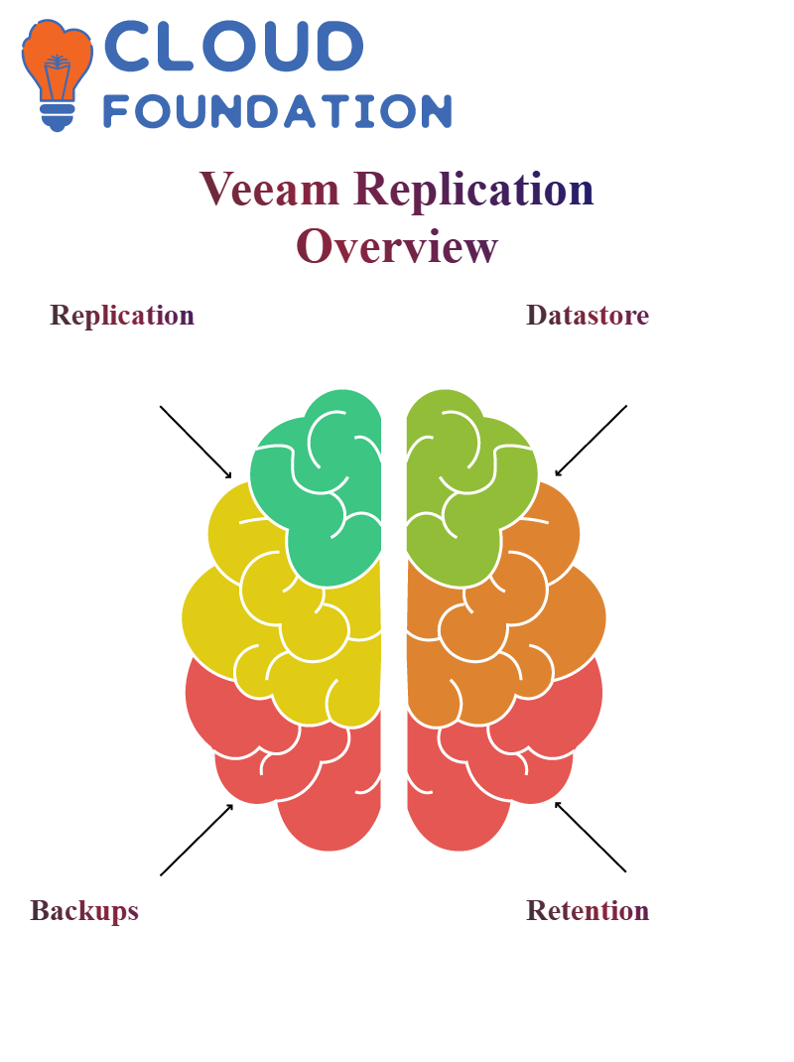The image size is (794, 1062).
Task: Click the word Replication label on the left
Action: pos(122,316)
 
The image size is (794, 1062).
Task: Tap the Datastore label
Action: pos(588,315)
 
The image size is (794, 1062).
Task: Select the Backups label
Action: pos(84,911)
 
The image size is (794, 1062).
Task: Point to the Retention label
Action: pos(588,910)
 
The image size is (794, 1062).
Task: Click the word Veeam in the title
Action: pos(269,189)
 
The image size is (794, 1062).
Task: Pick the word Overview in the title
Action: pos(397,246)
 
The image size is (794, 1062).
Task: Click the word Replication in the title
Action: pos(473,190)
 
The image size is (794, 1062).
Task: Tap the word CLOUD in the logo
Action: pos(234,46)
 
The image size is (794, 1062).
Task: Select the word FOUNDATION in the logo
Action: pos(277,111)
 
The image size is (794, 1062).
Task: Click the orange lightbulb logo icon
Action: pos(57,74)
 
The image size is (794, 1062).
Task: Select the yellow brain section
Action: pos(271,609)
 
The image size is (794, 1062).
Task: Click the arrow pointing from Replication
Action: pos(196,443)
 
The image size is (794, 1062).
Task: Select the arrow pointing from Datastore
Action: pos(591,441)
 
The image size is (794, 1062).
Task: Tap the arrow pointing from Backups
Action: pos(197,840)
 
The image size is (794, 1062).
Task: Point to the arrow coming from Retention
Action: pos(591,837)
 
